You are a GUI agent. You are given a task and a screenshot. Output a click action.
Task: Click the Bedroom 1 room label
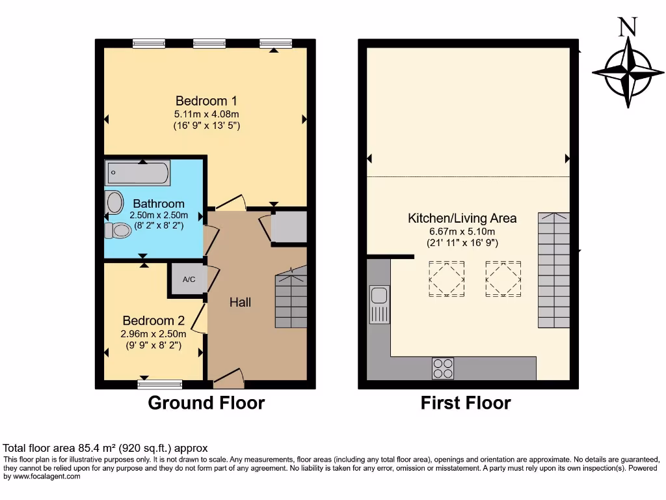(x=206, y=101)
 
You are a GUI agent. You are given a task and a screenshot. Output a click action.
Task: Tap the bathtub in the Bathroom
(x=138, y=173)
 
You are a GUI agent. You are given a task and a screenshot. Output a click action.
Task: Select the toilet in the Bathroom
(x=118, y=230)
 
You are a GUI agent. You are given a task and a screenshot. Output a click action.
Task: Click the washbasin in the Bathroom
(x=114, y=202)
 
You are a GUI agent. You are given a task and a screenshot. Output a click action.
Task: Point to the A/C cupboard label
(x=189, y=280)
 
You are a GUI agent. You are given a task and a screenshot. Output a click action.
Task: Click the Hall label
(x=240, y=302)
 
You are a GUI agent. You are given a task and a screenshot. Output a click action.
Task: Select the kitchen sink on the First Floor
(x=379, y=304)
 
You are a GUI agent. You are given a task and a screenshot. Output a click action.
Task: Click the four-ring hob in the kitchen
(x=443, y=368)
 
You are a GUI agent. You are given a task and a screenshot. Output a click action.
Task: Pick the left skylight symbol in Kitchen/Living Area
(x=446, y=279)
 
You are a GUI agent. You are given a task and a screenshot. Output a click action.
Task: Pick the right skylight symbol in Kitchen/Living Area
(x=503, y=279)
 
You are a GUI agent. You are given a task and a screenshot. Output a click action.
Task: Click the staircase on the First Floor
(x=553, y=270)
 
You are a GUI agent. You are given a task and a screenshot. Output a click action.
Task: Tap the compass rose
(x=628, y=72)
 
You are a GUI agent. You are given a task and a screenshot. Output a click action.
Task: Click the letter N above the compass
(x=627, y=27)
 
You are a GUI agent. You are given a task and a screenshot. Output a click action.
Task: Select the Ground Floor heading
(x=206, y=403)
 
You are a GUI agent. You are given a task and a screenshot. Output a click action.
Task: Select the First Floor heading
(x=466, y=403)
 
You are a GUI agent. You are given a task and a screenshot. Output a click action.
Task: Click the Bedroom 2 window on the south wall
(x=160, y=384)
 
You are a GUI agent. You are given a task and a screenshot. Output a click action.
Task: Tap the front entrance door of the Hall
(x=229, y=377)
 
